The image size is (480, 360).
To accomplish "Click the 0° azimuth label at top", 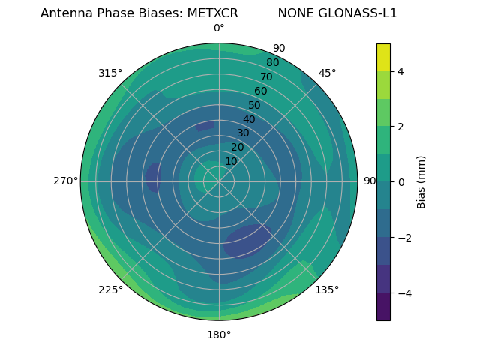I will [219, 28].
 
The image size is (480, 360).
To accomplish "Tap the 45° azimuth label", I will [327, 73].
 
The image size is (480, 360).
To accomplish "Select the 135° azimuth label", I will [327, 289].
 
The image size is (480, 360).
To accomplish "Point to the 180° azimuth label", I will [219, 334].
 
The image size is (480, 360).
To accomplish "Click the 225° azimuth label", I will [110, 289].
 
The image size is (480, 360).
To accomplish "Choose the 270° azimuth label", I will [65, 181].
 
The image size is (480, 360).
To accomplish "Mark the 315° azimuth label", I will [110, 73].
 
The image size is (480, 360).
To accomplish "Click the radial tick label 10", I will [231, 161].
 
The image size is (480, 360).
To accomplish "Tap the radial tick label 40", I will [249, 119].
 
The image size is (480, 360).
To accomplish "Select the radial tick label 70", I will [266, 76].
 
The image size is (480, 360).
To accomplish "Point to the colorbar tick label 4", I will [401, 71].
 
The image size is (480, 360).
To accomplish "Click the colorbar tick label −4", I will [404, 292].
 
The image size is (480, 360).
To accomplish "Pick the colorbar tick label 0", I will [401, 181].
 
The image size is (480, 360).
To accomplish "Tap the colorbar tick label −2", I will [404, 237].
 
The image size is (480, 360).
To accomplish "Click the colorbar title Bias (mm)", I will [421, 181].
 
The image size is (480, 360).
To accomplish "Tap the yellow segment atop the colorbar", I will [383, 57].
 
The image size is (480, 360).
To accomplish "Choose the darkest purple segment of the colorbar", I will [383, 307].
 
